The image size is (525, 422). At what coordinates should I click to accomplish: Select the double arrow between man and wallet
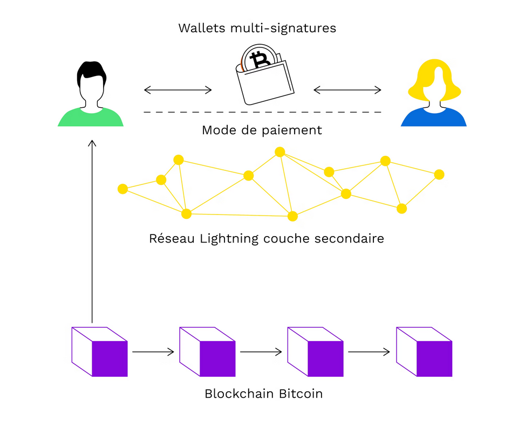coord(178,89)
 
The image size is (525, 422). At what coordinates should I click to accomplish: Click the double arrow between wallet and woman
coord(347,89)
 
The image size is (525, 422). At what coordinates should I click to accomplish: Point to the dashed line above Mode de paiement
coord(262,112)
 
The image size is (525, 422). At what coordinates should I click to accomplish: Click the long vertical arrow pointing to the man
coord(92,232)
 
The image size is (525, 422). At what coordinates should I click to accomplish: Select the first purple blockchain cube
coord(100,351)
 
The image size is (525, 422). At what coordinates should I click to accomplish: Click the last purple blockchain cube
coord(424,351)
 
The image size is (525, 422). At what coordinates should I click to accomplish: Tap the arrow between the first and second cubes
coord(153,352)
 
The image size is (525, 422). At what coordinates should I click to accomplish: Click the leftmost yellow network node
coord(122,189)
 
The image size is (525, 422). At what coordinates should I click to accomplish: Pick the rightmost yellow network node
coord(439,175)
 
